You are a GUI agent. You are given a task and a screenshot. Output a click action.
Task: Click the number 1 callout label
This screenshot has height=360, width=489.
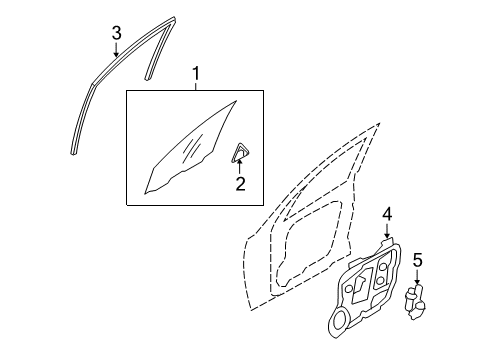pos(196,74)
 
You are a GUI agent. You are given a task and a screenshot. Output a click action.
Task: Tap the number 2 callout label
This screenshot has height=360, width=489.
pos(240,184)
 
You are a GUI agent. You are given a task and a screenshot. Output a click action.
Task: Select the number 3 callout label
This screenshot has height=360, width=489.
pos(116,33)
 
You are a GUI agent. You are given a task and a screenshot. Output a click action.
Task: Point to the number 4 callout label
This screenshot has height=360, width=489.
pos(387,214)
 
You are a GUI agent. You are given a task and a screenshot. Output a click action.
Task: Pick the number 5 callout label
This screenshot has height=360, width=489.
pos(417,260)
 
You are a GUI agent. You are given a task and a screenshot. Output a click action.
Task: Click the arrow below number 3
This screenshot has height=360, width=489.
pos(116,50)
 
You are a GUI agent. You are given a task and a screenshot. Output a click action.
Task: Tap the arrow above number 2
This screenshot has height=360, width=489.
pos(239,166)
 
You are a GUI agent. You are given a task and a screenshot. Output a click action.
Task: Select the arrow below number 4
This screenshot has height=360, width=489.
pos(387,231)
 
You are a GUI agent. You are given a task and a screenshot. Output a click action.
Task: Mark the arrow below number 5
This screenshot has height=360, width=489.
pos(417,277)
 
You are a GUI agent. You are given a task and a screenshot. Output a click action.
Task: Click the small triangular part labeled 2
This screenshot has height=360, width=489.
pos(240,152)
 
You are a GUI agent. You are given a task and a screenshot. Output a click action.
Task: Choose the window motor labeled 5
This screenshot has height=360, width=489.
pos(415,302)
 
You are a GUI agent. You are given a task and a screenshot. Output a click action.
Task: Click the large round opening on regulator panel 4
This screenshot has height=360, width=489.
pos(340,319)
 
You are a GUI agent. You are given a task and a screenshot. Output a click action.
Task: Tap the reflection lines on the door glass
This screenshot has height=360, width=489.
pos(193,147)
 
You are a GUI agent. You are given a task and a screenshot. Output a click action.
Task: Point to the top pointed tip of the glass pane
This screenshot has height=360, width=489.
pos(236,101)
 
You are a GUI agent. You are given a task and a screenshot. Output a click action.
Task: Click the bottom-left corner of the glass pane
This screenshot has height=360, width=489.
pos(145,193)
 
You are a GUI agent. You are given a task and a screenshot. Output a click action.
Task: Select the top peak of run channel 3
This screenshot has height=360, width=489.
pos(173,18)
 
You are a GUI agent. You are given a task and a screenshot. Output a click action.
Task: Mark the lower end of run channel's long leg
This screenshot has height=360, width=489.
pos(73,153)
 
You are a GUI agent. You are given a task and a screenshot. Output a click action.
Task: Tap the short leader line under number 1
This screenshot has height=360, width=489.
pos(196,86)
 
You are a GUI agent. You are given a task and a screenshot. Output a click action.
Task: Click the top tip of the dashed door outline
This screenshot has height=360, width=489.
pos(379,124)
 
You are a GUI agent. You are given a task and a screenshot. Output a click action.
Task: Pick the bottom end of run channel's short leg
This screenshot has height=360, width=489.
pos(147,78)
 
